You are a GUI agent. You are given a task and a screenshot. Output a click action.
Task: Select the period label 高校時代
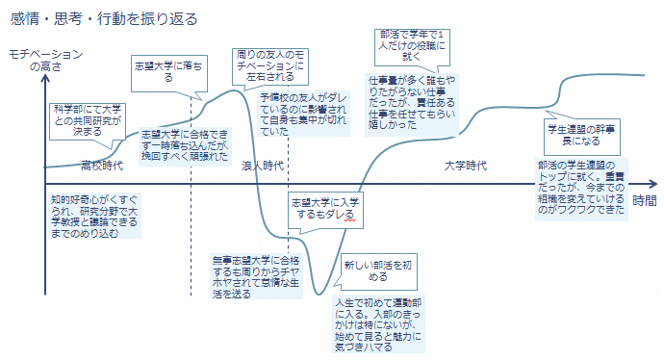pos(101,166)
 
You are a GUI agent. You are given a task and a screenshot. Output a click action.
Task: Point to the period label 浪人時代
pos(262,166)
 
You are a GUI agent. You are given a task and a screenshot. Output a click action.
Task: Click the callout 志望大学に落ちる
pos(168,70)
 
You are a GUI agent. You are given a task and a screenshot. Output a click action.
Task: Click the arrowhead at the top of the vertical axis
pos(45,83)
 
